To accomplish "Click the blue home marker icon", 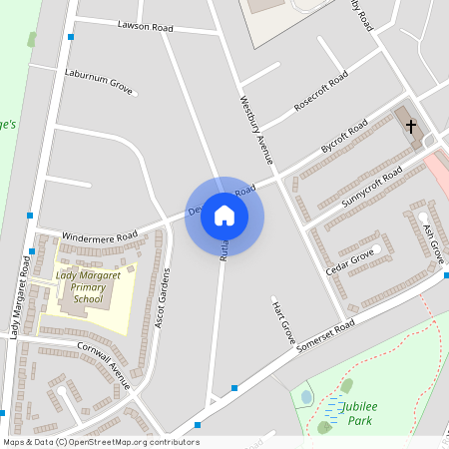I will tap(224, 216).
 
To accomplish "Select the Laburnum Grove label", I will tap(99, 80).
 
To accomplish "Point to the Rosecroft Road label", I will tap(320, 91).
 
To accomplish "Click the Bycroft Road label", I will tap(344, 138).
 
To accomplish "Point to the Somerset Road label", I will tap(325, 334).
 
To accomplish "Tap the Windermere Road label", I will tap(99, 237).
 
